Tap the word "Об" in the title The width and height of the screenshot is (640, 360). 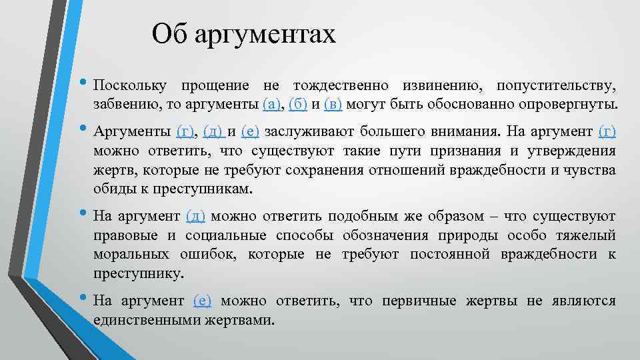point(170,33)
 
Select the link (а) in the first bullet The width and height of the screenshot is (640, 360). point(273,105)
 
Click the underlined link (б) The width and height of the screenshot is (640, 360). point(298,105)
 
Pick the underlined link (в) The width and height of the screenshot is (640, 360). point(333,105)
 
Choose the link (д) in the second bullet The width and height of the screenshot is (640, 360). point(214,131)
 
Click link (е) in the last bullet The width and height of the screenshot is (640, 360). point(202,301)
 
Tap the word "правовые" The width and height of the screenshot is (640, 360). point(125,235)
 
